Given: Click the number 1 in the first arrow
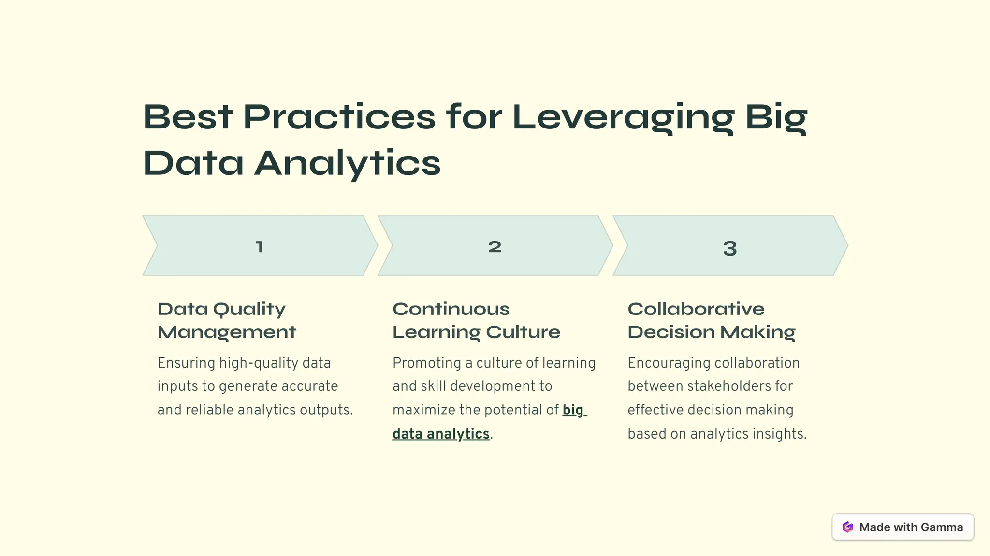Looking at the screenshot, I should (x=260, y=247).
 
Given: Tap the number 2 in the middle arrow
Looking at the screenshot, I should (x=495, y=247).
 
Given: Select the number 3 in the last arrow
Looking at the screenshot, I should (x=730, y=248).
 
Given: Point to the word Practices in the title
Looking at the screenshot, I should (x=339, y=117).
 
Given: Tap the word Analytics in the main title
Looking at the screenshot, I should (x=348, y=163).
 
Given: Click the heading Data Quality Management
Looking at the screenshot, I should (x=226, y=320).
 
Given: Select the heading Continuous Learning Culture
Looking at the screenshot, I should (x=476, y=320).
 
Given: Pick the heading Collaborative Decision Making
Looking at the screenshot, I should (x=711, y=320).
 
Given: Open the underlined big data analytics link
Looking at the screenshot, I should (x=441, y=434).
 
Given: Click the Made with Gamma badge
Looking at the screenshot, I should (x=903, y=527).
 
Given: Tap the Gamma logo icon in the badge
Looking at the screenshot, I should (x=847, y=527).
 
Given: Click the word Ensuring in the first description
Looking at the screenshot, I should (x=186, y=363).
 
